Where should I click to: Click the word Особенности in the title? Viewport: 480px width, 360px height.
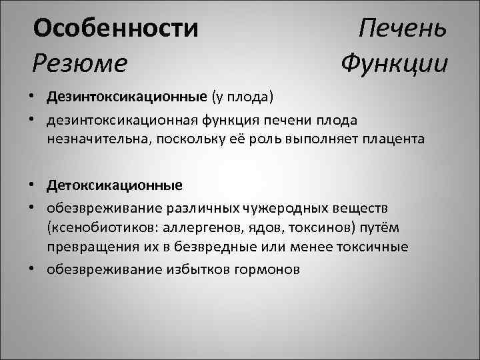116,29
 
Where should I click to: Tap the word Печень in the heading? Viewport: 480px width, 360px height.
403,29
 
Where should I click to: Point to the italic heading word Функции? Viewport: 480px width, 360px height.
394,64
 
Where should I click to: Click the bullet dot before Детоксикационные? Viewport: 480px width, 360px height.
32,183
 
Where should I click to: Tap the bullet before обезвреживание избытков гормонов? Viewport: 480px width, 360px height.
32,269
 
